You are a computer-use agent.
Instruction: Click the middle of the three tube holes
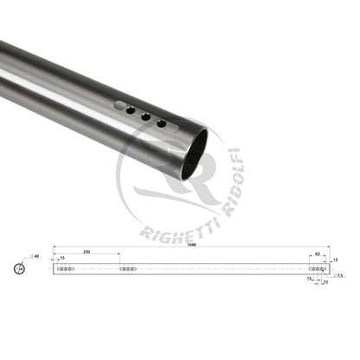[x=146, y=116]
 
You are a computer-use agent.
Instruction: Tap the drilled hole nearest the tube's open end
[x=162, y=124]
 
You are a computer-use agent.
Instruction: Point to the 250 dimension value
[x=87, y=252]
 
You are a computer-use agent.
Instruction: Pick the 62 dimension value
[x=318, y=254]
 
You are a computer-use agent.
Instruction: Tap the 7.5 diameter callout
[x=340, y=276]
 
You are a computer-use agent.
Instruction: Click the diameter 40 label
[x=36, y=257]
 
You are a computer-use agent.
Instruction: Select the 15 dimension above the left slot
[x=63, y=258]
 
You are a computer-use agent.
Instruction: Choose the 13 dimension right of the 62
[x=334, y=259]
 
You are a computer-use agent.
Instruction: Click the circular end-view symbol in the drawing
[x=20, y=270]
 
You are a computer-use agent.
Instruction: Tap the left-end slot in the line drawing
[x=66, y=269]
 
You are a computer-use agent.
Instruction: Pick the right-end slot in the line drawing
[x=318, y=269]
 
